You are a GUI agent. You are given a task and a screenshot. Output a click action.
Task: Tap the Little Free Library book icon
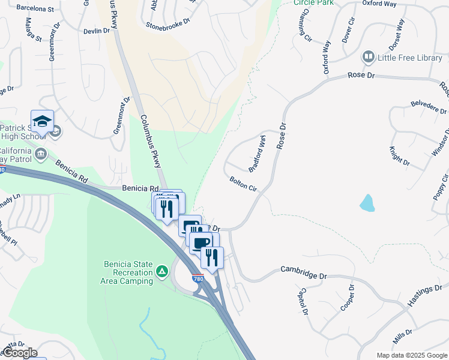pyautogui.click(x=368, y=58)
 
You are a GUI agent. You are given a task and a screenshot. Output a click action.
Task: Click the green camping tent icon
pyautogui.click(x=162, y=272)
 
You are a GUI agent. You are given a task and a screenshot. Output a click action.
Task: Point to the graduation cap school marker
pyautogui.click(x=42, y=122)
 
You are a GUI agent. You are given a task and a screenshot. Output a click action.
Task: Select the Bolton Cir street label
pyautogui.click(x=243, y=184)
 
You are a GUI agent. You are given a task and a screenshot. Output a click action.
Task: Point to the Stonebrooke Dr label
pyautogui.click(x=168, y=23)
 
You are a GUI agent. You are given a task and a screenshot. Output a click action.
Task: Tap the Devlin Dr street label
pyautogui.click(x=95, y=31)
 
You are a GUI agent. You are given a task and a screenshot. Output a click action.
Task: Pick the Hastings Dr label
pyautogui.click(x=424, y=297)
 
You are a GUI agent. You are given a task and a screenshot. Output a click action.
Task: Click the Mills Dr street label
pyautogui.click(x=402, y=336)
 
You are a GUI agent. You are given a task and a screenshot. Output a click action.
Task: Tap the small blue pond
pyautogui.click(x=367, y=203)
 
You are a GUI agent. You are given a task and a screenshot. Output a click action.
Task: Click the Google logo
pyautogui.click(x=19, y=353)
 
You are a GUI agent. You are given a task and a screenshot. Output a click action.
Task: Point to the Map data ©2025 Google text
pyautogui.click(x=411, y=355)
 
